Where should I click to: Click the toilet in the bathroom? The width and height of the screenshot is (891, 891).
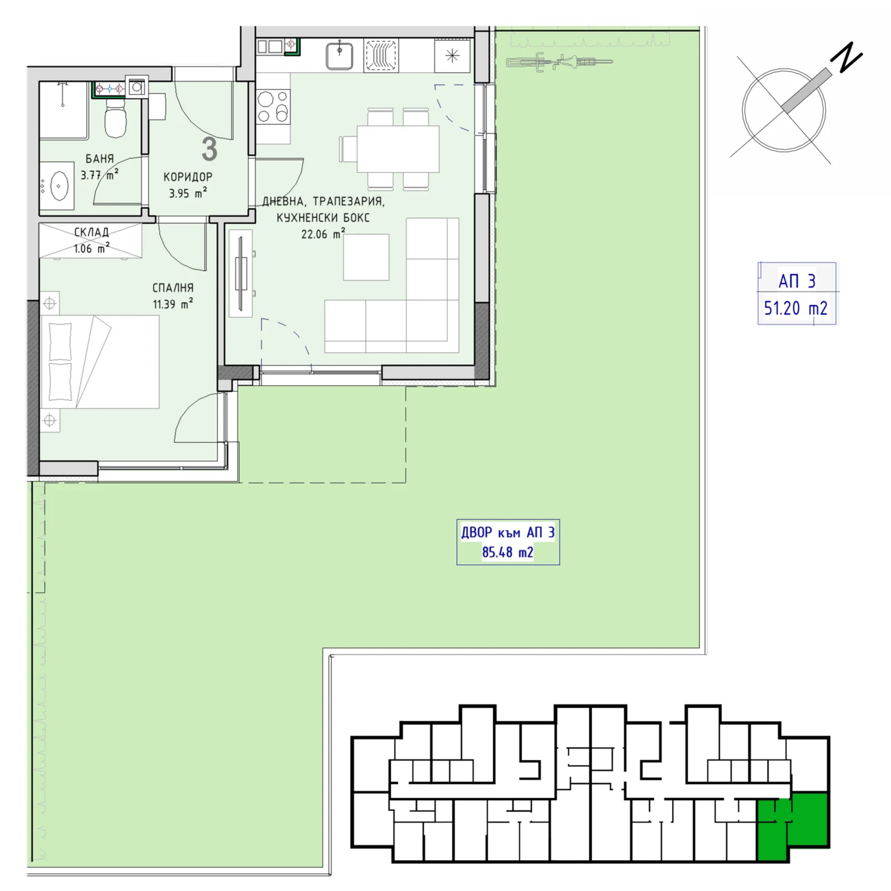point(116,119)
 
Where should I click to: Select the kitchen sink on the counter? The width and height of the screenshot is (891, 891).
point(339,55)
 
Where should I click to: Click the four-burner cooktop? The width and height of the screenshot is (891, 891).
point(273,106)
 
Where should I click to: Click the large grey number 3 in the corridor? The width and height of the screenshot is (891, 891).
point(210,149)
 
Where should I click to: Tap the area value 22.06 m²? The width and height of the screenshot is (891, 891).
point(323,233)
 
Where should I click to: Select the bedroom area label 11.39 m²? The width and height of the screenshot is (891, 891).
point(173,304)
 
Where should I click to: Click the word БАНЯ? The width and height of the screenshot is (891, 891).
point(99,159)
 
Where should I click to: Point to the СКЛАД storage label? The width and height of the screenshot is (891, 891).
point(91,232)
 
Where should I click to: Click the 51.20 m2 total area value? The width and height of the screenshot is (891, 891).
point(796,308)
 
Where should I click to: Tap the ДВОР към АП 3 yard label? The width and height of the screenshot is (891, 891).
point(508,532)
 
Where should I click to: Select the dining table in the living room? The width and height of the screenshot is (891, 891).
point(398,149)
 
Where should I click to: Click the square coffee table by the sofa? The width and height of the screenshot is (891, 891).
point(366,257)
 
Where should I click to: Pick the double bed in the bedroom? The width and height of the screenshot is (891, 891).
point(100,362)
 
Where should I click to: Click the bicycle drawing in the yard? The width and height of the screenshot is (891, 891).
point(559,62)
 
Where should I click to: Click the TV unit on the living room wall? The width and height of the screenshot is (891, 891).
point(241,273)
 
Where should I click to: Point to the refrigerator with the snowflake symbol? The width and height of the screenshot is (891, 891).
point(452,56)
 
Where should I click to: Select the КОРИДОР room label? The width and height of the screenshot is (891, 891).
point(188,177)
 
